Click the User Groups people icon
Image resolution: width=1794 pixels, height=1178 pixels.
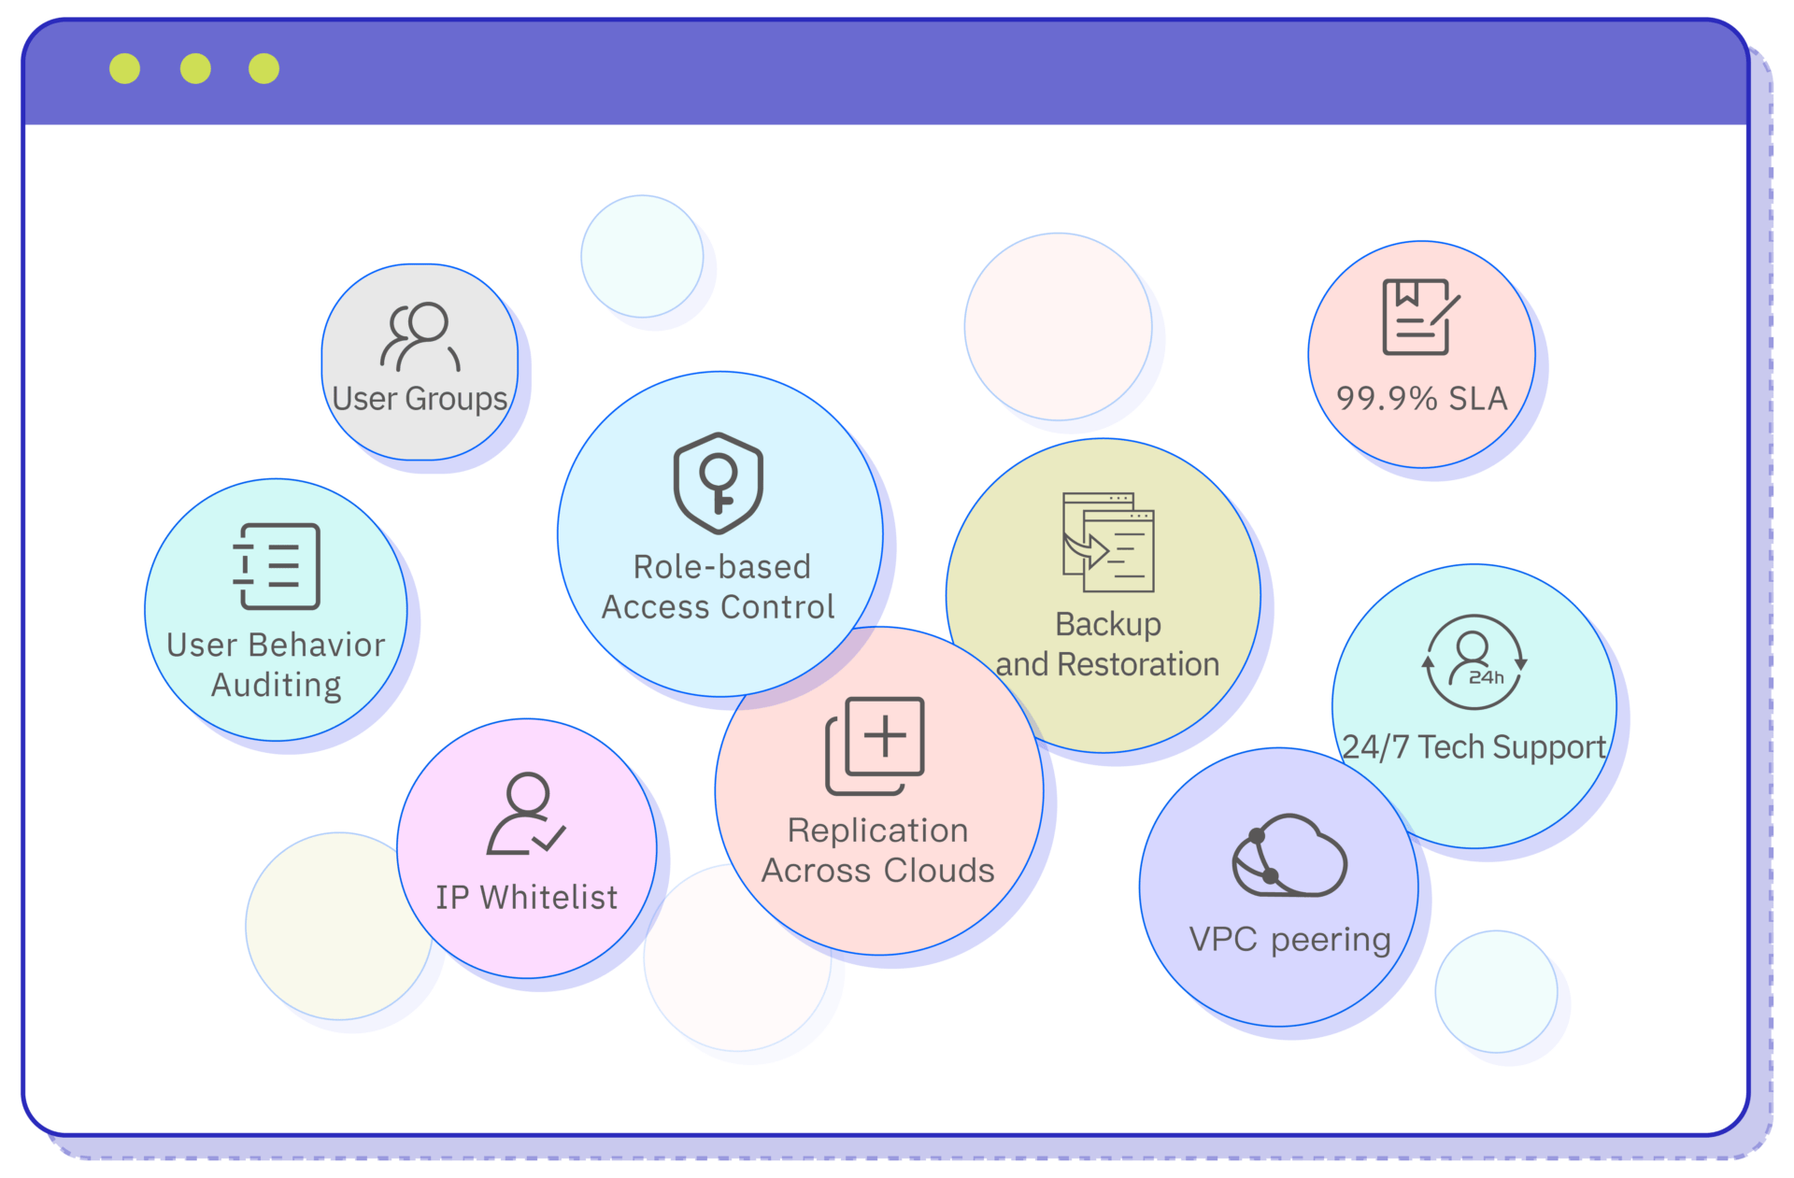coord(420,336)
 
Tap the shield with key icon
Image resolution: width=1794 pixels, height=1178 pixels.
coord(719,483)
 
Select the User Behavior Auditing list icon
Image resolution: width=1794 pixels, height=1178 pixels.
coord(277,566)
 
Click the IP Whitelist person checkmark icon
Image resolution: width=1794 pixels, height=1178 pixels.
coord(526,814)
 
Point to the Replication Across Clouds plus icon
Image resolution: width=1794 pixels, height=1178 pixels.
coord(875,745)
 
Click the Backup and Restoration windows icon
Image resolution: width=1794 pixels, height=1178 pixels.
coord(1108,542)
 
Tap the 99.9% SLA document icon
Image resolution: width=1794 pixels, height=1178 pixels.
coord(1420,317)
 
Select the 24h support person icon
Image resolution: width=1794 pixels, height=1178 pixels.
coord(1474,661)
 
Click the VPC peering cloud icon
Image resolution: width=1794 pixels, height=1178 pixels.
coord(1289,856)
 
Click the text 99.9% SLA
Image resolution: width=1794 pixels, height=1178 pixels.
coord(1421,399)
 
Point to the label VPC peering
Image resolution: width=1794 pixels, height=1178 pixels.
coord(1289,940)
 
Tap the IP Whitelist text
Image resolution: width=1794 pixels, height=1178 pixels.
coord(526,897)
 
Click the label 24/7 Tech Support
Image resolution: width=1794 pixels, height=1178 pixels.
coord(1474,747)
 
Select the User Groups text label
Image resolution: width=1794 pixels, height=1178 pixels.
coord(420,399)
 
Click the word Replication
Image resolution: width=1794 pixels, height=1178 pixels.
coord(877,830)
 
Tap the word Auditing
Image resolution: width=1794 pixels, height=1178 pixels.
coord(277,686)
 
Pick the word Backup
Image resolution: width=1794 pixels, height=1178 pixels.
coord(1108,624)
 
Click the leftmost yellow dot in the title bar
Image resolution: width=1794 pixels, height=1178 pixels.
coord(124,68)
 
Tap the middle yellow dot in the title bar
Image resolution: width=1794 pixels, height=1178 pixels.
coord(195,68)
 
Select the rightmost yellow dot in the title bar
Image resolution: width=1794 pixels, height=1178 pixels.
coord(263,68)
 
